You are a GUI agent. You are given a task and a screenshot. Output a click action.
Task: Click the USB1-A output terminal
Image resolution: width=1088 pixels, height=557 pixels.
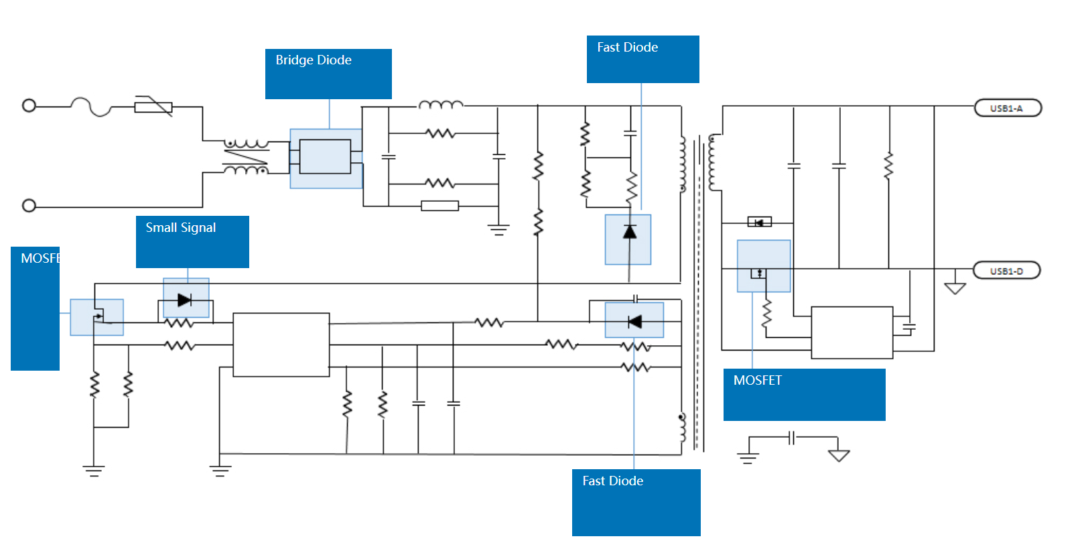point(1007,108)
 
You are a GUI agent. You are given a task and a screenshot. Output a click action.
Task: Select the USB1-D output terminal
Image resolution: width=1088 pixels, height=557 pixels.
point(1006,271)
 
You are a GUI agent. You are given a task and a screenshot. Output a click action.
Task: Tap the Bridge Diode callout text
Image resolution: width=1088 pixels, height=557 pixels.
point(314,60)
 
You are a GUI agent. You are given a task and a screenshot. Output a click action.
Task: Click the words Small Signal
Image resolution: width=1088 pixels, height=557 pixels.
point(181,228)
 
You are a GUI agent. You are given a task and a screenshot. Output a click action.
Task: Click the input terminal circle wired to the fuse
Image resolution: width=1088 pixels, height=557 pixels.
point(29,106)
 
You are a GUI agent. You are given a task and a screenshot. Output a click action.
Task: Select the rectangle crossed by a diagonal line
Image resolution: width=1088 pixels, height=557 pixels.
point(153,107)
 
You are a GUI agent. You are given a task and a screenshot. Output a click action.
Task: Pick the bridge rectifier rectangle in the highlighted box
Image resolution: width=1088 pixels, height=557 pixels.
point(325,157)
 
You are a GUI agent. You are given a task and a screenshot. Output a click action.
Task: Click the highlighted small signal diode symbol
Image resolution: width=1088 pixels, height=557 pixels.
point(185,300)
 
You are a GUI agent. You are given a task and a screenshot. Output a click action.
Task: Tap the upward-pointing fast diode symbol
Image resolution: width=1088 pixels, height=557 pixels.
point(629,232)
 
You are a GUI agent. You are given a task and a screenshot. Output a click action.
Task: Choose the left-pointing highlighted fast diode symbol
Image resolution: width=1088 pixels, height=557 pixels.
point(634,322)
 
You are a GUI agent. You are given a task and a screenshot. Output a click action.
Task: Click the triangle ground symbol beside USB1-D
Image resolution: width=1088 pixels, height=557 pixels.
point(955,288)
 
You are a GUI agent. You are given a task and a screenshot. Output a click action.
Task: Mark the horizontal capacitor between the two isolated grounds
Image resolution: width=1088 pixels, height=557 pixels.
point(792,438)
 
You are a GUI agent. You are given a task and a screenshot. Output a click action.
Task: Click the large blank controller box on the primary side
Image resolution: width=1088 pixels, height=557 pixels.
point(281,345)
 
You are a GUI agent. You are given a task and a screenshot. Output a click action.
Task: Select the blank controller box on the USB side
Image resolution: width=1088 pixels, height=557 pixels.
point(852,332)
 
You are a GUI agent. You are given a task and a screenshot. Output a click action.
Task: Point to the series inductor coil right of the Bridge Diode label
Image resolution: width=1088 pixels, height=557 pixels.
point(441,105)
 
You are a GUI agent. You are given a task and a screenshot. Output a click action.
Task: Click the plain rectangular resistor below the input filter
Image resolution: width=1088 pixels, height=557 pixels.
point(439,206)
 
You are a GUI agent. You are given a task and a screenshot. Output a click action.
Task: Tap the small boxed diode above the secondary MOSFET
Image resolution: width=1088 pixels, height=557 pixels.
point(759,222)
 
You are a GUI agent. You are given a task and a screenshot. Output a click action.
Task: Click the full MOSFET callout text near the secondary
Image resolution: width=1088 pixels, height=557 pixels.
point(758,381)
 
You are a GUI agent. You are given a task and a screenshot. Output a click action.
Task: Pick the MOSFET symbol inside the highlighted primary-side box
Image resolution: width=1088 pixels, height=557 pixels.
point(98,316)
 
